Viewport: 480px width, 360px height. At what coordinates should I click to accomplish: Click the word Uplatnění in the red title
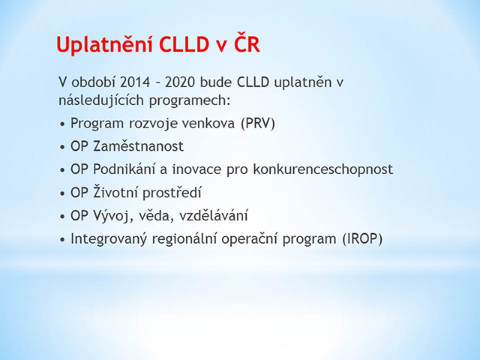(105, 45)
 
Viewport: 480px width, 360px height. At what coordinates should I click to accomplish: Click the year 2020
(180, 82)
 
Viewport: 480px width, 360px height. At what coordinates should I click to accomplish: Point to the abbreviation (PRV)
(258, 123)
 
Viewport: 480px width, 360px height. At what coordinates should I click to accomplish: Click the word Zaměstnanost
(138, 145)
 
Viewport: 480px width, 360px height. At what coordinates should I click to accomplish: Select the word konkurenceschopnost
(323, 170)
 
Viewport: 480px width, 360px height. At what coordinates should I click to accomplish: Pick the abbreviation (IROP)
(362, 239)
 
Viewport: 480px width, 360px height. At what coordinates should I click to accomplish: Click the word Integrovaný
(109, 239)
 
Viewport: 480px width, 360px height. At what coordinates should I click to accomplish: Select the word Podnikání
(124, 169)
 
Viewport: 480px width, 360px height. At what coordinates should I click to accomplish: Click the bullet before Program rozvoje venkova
(63, 124)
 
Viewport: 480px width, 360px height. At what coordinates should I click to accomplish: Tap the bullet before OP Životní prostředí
(63, 193)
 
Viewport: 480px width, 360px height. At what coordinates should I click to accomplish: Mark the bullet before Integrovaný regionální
(63, 240)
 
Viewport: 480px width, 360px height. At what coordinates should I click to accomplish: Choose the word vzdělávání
(213, 215)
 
